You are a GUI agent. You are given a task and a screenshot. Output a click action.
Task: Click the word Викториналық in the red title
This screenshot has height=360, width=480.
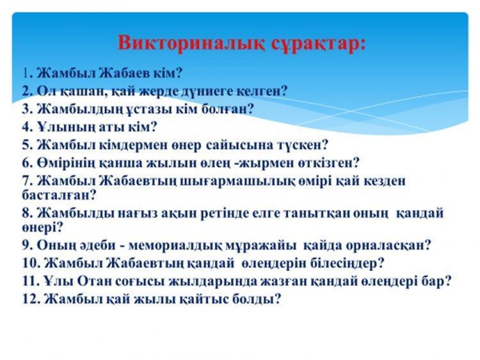(190, 43)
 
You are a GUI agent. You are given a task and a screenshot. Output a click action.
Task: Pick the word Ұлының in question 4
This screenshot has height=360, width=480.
(67, 127)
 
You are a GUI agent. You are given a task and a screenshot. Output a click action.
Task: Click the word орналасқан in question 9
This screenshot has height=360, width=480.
(381, 246)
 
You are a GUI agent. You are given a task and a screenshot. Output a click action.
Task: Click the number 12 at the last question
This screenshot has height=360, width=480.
(29, 299)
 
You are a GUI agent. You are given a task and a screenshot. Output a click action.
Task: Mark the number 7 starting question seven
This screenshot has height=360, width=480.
(26, 181)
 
